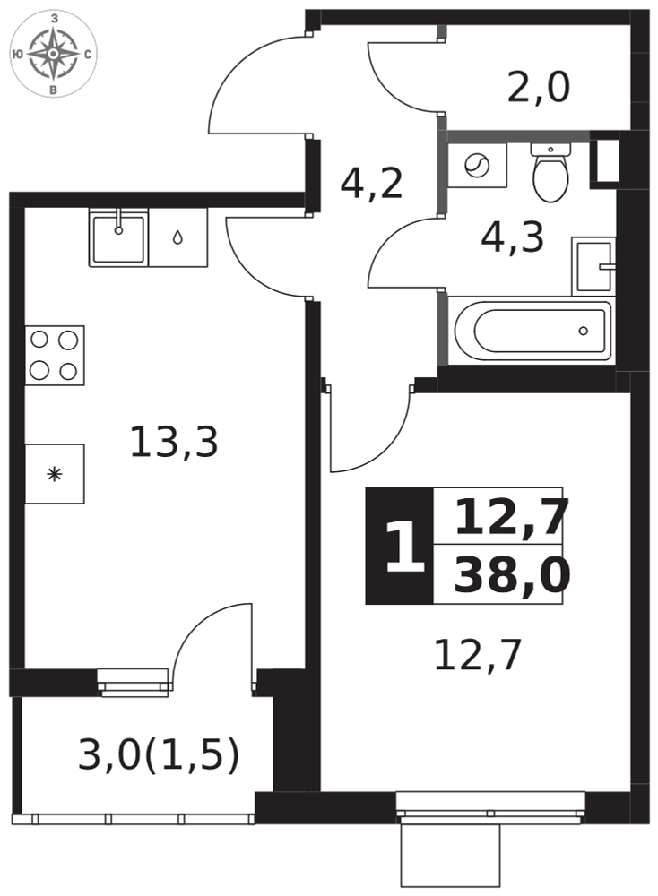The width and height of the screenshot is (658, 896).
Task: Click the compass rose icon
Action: coord(53,54)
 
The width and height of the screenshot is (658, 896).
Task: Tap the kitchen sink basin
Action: coord(118,237)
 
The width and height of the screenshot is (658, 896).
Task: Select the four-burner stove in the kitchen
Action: coord(55,356)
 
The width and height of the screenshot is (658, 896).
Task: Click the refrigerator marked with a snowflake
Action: coord(55,474)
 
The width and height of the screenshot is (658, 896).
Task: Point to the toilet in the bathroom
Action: coord(550,172)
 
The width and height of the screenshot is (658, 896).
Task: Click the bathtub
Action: coord(532,331)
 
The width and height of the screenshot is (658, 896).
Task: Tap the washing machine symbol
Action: coord(477,166)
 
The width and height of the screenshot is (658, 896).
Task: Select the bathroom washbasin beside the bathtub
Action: coord(593,266)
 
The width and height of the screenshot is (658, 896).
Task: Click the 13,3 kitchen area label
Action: coord(174,443)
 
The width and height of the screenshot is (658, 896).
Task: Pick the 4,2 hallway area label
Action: coord(372,184)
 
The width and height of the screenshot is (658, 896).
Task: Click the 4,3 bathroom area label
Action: coord(512,237)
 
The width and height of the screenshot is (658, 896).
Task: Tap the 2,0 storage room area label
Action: coord(539,88)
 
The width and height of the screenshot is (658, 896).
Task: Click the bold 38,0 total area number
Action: coord(512,575)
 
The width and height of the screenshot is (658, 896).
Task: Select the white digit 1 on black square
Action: coord(404,547)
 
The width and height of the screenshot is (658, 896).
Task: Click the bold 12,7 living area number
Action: coord(512,517)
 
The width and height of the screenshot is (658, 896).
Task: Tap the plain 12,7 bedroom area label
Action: coord(478,656)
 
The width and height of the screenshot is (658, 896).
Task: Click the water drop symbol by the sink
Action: coord(177,237)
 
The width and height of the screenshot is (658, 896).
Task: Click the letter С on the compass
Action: coord(88,55)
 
